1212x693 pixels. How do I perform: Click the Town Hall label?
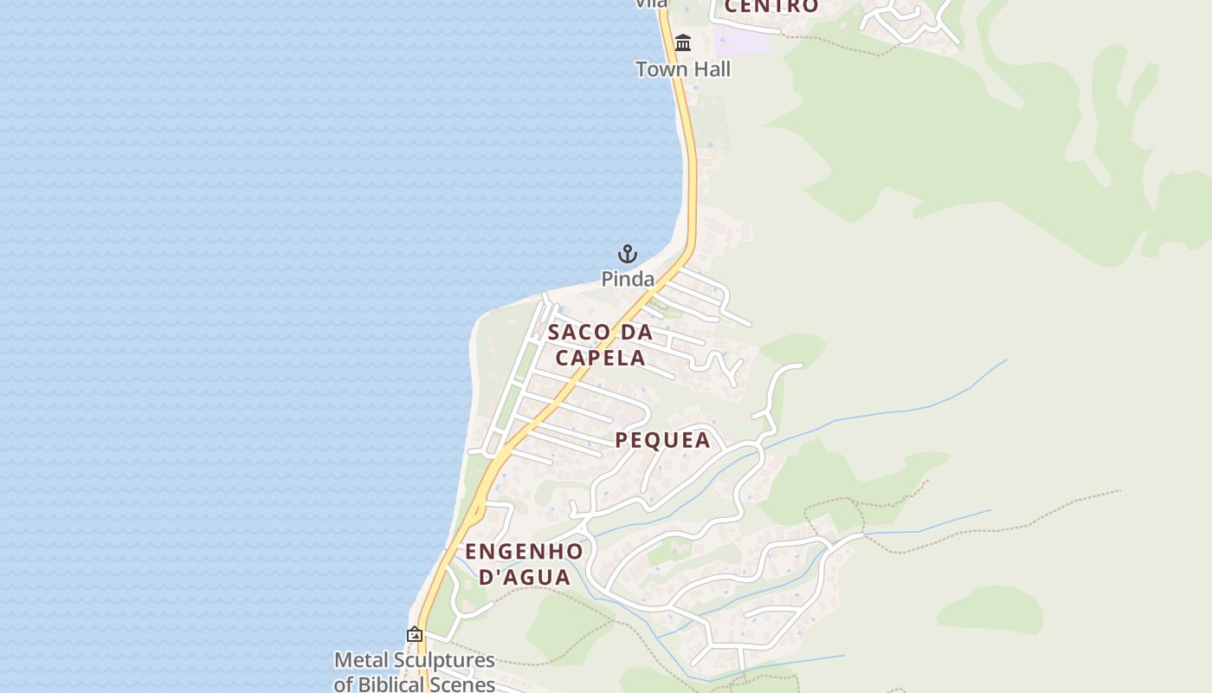point(683,69)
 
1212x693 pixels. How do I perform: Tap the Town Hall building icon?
point(683,42)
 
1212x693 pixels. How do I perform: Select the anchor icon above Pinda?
point(628,254)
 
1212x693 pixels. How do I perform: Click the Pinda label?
point(628,279)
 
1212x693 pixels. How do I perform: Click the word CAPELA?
point(601,358)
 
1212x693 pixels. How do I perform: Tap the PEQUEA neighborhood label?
point(662,440)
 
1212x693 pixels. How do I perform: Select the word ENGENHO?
point(524,551)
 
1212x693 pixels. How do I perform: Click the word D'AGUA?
point(525,577)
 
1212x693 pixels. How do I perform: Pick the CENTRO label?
point(770,7)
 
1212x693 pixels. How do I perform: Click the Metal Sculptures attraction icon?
point(415,635)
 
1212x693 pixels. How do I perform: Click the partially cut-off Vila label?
point(651,3)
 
